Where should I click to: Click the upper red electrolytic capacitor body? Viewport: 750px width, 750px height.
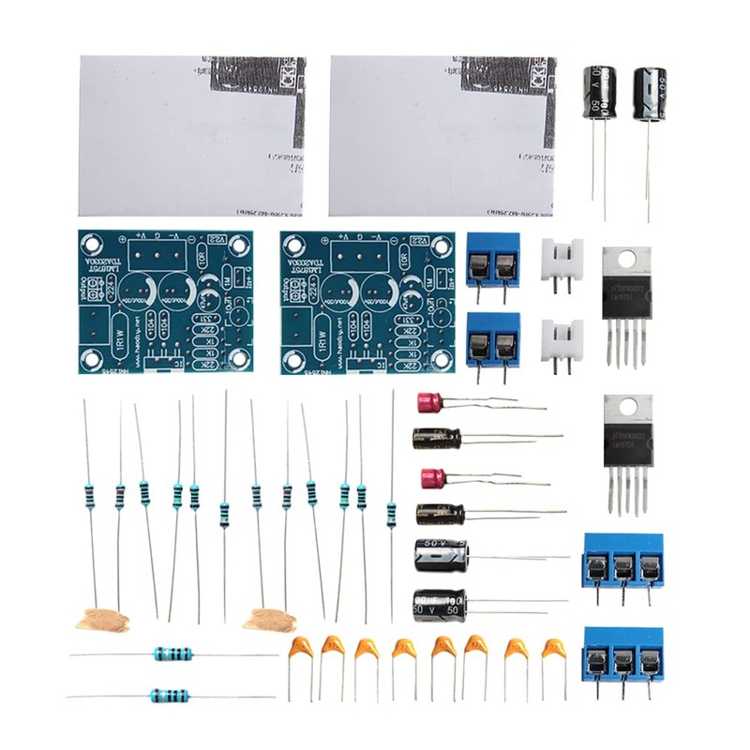pos(430,402)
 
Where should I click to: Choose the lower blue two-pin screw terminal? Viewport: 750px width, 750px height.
pos(493,339)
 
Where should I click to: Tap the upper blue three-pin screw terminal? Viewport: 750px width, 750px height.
pos(622,560)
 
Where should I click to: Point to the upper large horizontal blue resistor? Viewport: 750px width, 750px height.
pos(173,654)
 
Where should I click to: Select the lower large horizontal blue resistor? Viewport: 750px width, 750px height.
pos(171,696)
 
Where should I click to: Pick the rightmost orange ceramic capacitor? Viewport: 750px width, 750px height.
pos(554,649)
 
